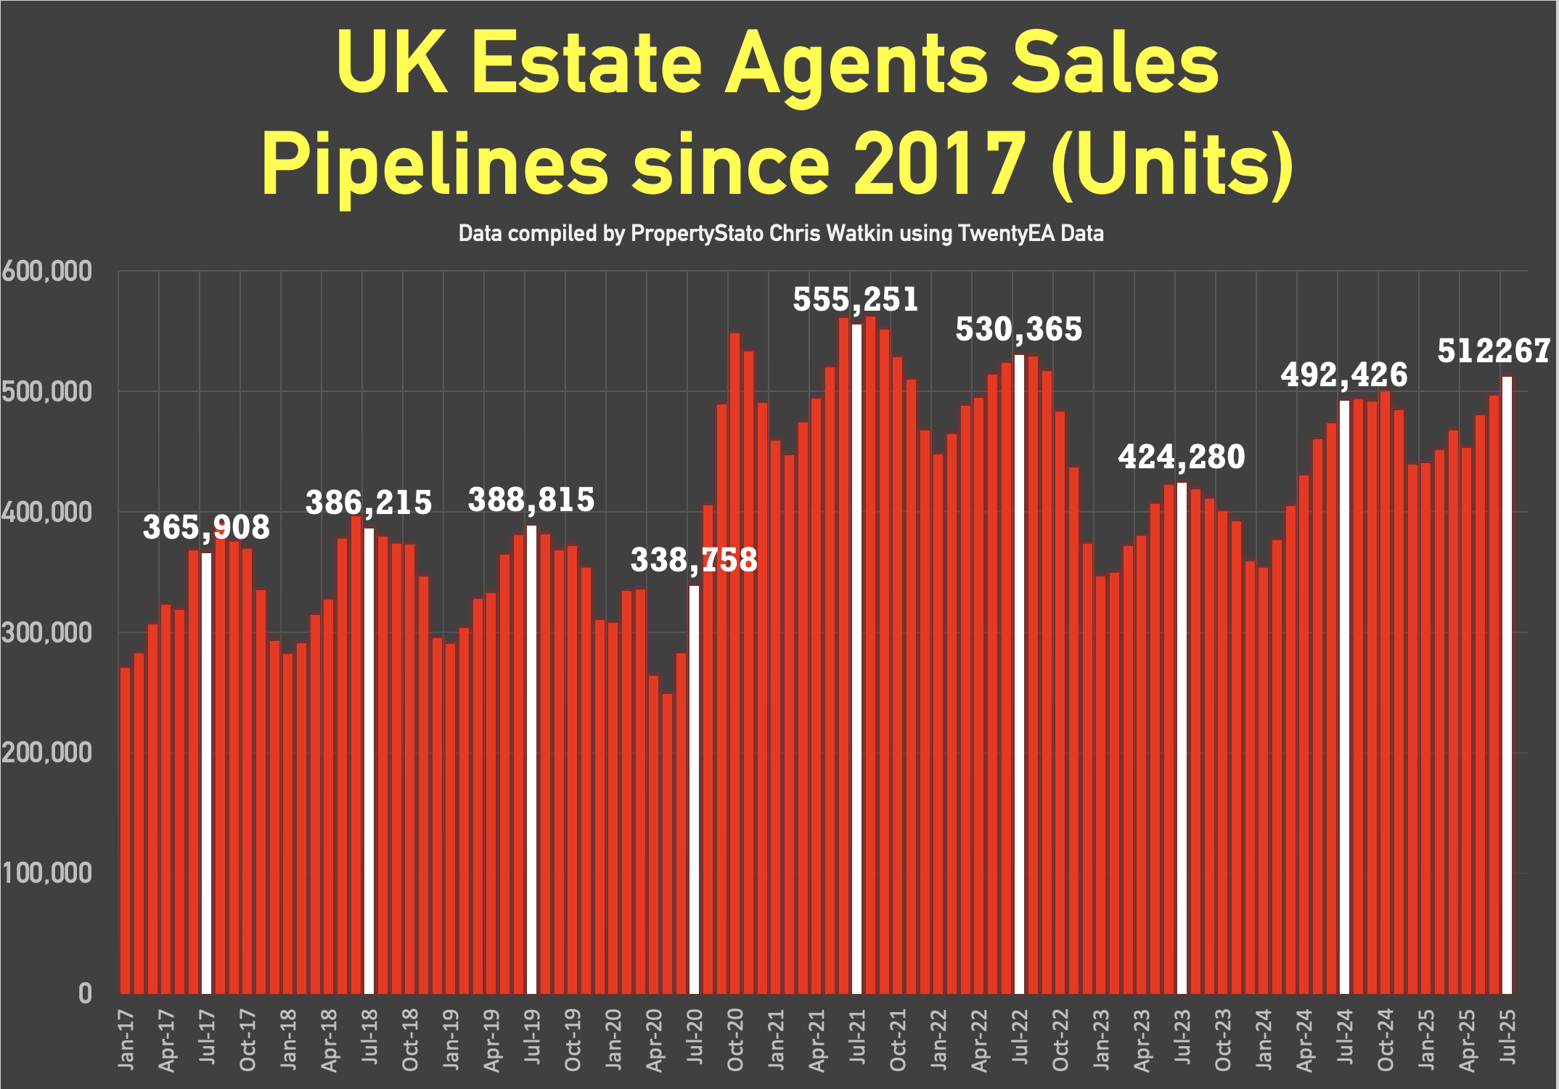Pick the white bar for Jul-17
(x=206, y=773)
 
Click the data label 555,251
(x=855, y=300)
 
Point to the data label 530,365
(x=1018, y=330)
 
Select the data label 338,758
(x=694, y=560)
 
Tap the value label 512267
(x=1494, y=351)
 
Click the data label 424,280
(x=1181, y=457)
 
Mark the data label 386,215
(x=369, y=502)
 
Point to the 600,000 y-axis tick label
(x=46, y=272)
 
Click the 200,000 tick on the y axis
(x=46, y=753)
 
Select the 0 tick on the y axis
(x=85, y=993)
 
